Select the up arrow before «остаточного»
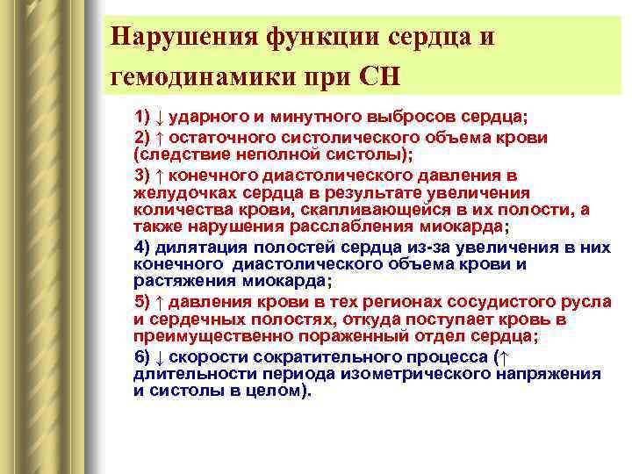(160, 138)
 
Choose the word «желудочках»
(181, 192)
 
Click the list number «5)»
(143, 301)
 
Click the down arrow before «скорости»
(160, 356)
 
